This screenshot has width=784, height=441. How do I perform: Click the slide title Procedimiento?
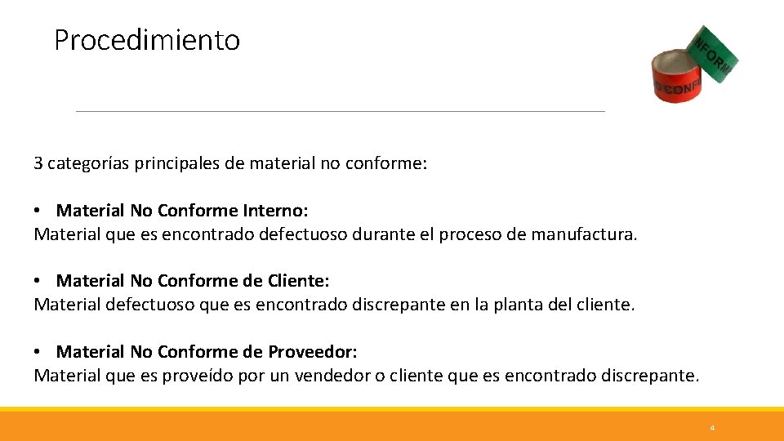[x=147, y=40]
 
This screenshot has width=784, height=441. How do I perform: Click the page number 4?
[x=712, y=428]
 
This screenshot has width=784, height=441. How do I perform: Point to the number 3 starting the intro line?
[x=38, y=163]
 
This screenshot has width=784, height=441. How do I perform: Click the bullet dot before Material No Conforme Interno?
[x=38, y=211]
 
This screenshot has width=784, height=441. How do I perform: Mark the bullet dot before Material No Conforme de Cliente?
[x=38, y=281]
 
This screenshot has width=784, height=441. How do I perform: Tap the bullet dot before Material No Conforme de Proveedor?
[x=38, y=352]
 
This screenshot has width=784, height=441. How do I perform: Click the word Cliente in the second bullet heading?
[x=297, y=281]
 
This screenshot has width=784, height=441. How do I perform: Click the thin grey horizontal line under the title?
[x=340, y=111]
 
